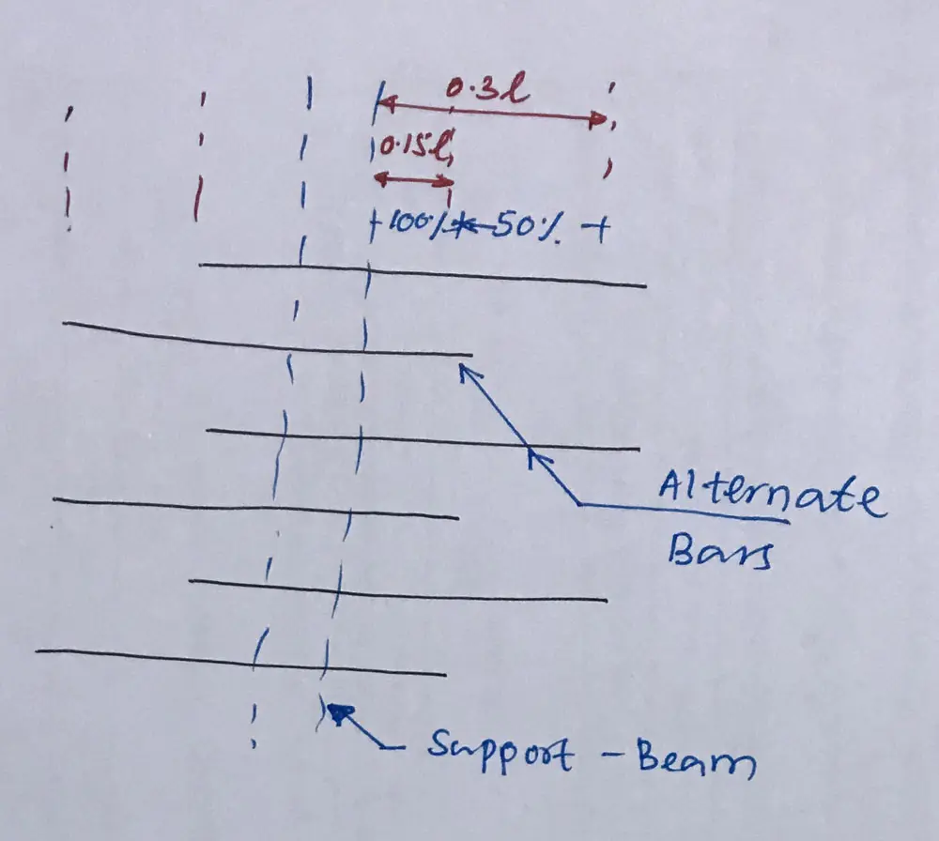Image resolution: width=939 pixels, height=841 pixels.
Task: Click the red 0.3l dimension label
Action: (486, 91)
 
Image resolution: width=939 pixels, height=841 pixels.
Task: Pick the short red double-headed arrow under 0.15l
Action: (413, 178)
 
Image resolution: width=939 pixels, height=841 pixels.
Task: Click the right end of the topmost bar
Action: (645, 284)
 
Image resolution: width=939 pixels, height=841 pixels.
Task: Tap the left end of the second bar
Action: (64, 323)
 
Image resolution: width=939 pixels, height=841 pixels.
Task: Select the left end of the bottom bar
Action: (37, 650)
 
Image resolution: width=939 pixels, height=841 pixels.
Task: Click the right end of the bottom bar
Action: (444, 673)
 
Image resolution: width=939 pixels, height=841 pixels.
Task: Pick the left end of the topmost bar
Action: (201, 265)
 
